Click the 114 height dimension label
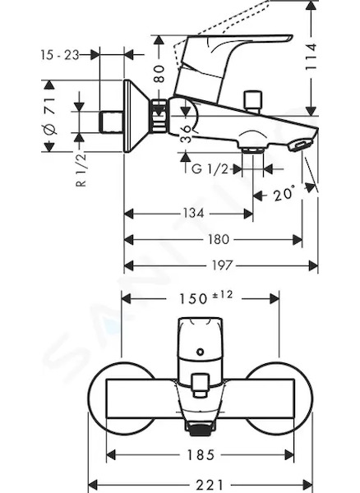[311, 57]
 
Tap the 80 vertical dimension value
[159, 74]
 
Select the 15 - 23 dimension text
[60, 55]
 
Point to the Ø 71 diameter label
[49, 116]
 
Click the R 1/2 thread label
[81, 171]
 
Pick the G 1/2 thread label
[210, 169]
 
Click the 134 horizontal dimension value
[194, 213]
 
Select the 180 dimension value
[218, 240]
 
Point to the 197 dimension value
[223, 265]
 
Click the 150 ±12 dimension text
[206, 297]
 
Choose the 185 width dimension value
[201, 454]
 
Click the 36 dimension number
[187, 134]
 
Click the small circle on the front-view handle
[200, 352]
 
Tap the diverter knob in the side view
[254, 101]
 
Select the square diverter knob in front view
[200, 385]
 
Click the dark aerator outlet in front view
[200, 429]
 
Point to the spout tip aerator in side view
[300, 146]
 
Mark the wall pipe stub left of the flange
[111, 122]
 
